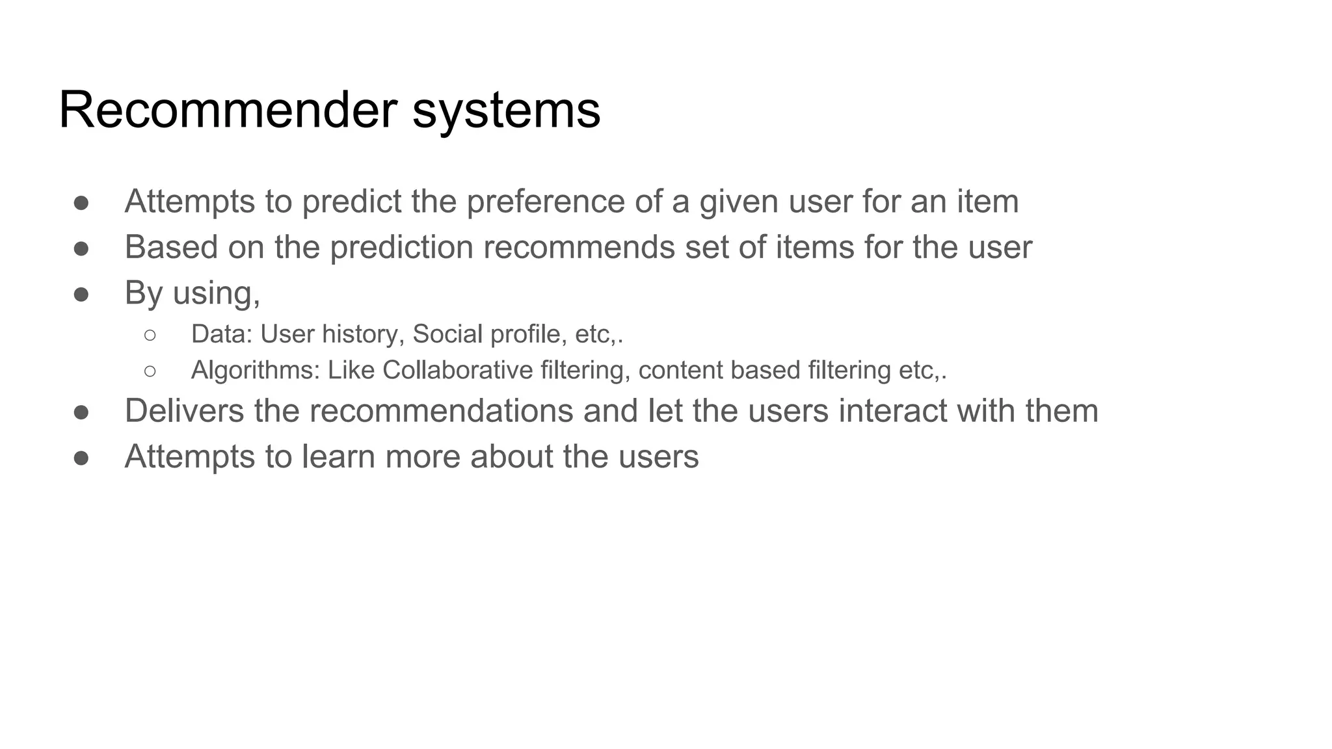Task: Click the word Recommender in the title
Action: tap(228, 110)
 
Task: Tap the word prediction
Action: tap(401, 248)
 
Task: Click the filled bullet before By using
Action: tap(81, 295)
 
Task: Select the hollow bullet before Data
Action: tap(150, 335)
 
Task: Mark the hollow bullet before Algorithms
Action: tap(150, 371)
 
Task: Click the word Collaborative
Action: tap(457, 371)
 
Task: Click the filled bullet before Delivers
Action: tap(81, 412)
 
